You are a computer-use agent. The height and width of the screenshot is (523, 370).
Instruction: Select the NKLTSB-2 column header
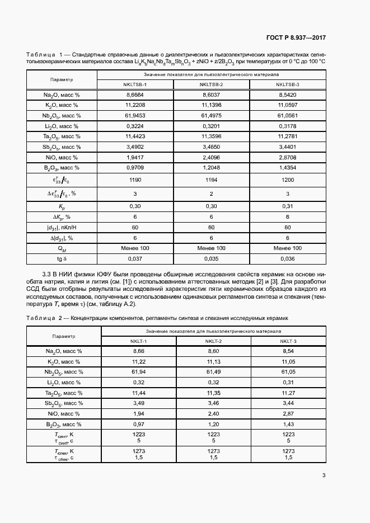(x=211, y=84)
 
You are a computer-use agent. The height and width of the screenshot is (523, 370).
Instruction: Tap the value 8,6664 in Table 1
(x=135, y=95)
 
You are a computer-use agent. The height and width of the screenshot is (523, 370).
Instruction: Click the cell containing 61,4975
(x=211, y=115)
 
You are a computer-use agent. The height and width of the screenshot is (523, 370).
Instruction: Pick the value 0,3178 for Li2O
(x=287, y=126)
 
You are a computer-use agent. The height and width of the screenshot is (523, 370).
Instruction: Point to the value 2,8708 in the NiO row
(x=287, y=157)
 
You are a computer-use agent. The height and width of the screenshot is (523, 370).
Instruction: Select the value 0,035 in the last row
(x=211, y=258)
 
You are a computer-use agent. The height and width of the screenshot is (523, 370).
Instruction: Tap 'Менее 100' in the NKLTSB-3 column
(x=287, y=248)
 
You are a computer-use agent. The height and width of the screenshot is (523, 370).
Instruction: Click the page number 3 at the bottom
(x=324, y=475)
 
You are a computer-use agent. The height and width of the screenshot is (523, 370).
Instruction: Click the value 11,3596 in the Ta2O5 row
(x=211, y=136)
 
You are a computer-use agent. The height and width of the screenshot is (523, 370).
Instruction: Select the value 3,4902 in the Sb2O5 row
(x=135, y=147)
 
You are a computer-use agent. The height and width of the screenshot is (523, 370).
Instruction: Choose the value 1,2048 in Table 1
(x=211, y=167)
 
